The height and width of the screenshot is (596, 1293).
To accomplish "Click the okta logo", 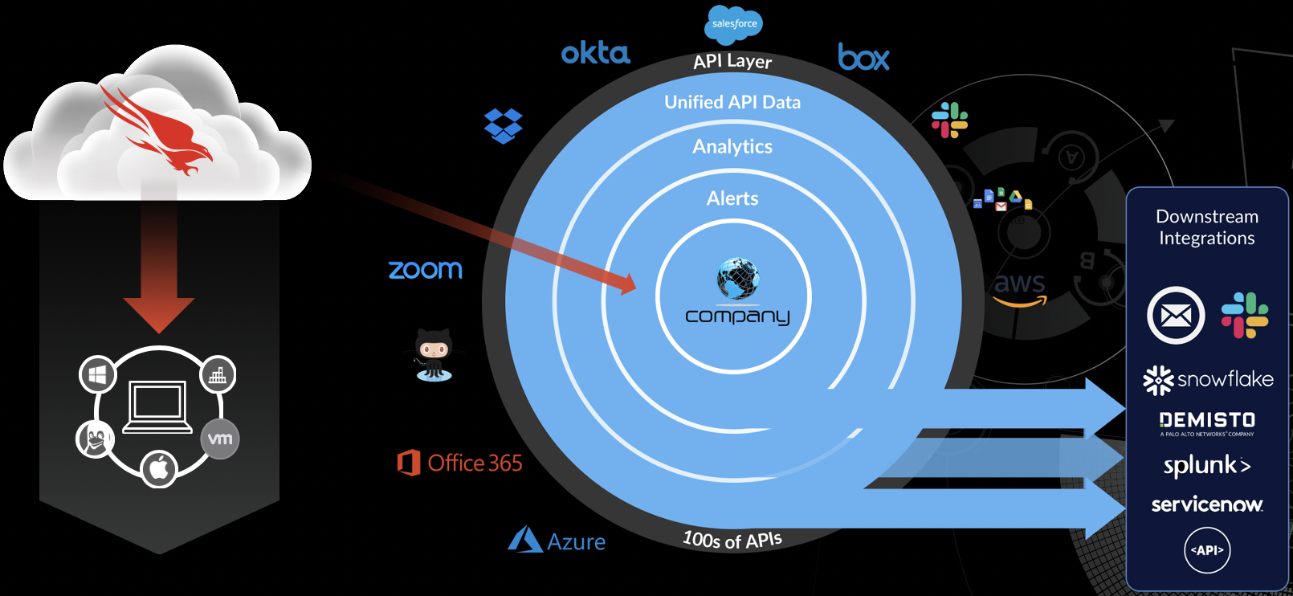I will (595, 53).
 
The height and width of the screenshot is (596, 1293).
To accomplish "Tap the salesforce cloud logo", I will (733, 24).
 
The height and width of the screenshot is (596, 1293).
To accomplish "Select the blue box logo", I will (863, 57).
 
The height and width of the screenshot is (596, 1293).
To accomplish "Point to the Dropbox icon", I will (504, 126).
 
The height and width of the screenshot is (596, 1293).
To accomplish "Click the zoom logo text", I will (426, 269).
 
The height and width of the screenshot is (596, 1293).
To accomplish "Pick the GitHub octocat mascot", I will (434, 354).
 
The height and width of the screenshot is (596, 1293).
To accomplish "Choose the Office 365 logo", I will (460, 463).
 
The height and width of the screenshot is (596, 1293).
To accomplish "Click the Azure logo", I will (557, 541).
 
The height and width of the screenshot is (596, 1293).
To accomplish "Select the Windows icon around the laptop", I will (98, 374).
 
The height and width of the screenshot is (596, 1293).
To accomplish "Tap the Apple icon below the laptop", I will (159, 467).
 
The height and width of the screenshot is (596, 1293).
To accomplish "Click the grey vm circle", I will (219, 439).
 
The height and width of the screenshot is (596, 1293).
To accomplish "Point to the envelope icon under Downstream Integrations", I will (1176, 316).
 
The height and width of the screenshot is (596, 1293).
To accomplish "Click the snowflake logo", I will (1208, 380).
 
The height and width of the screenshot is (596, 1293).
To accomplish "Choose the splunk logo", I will (1207, 465).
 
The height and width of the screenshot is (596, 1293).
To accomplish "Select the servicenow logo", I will (1207, 504).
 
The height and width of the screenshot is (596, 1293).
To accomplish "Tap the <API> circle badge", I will (1207, 550).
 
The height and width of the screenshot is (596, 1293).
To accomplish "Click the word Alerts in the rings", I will (732, 198).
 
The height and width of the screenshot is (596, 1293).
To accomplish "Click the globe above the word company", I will (737, 278).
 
